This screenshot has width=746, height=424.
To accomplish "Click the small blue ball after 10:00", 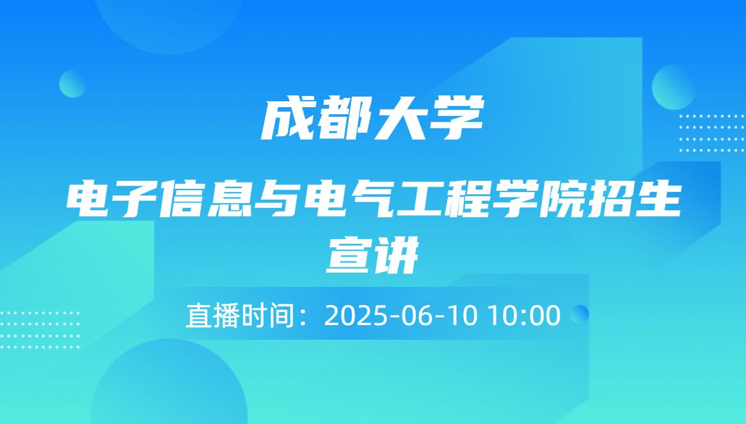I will (x=580, y=313).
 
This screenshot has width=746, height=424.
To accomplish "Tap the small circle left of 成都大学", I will (x=73, y=84).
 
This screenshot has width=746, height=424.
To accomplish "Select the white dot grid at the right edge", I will (x=711, y=133).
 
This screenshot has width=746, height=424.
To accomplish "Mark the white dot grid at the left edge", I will (x=39, y=330).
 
